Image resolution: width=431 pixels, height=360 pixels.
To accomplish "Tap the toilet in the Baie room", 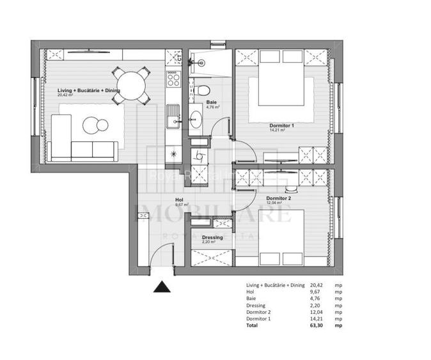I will point(200,90).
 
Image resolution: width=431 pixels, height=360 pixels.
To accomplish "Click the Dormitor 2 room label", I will point(278,198).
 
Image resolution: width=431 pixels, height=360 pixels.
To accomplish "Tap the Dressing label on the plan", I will point(212,238).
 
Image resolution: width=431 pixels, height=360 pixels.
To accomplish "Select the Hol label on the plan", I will point(181,200).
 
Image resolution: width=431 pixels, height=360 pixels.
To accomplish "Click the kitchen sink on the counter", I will point(173,116).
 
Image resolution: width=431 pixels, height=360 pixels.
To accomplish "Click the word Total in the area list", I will point(253,325).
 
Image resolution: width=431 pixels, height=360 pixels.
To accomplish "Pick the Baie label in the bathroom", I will point(211,102).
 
